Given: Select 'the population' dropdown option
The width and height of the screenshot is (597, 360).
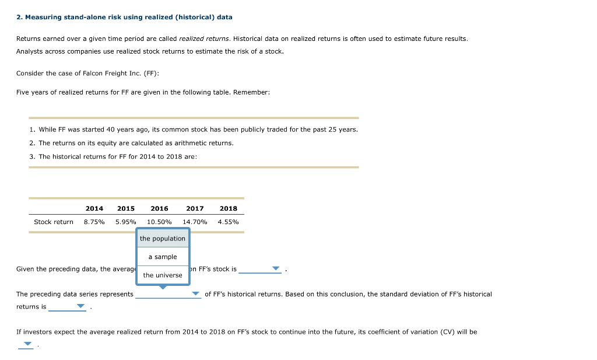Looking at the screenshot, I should (163, 239).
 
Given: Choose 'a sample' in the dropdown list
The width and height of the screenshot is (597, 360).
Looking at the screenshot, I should (163, 257).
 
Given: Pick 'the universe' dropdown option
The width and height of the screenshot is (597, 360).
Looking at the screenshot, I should (163, 275).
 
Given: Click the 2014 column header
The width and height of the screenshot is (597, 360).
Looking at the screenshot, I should (94, 208).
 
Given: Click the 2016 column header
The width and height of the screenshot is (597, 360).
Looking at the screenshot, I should (159, 208).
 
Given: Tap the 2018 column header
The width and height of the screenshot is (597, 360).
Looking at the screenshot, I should (229, 208).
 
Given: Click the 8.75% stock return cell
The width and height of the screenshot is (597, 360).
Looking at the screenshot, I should (94, 222).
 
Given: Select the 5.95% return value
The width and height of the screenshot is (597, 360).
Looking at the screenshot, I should (126, 222).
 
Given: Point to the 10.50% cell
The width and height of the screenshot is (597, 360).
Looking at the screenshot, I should (159, 222).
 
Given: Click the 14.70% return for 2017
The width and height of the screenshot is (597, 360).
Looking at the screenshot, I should (195, 222).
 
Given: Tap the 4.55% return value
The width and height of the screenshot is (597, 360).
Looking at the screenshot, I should (228, 222).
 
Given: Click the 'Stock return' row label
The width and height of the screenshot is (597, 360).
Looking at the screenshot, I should (54, 222).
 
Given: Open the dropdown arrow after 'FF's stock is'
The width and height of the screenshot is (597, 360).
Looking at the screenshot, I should (276, 269).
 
